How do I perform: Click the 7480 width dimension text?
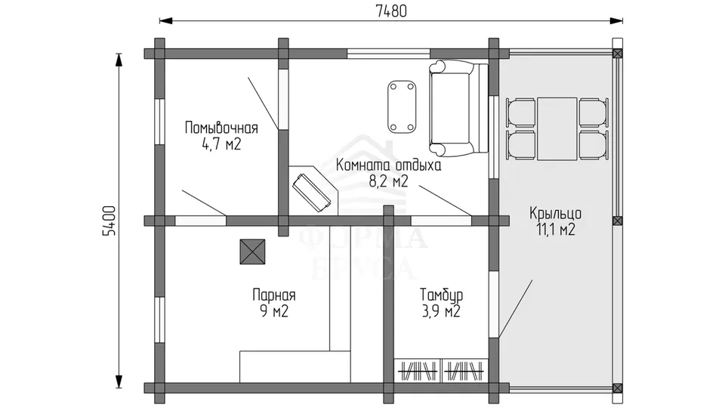click(391, 11)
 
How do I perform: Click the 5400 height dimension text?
click(109, 221)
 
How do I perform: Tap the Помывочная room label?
click(221, 128)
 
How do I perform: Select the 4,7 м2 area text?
click(221, 144)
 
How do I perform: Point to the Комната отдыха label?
click(388, 165)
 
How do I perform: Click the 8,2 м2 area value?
click(388, 181)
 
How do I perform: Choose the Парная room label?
click(273, 295)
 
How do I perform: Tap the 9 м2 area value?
click(273, 311)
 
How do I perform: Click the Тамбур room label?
click(441, 295)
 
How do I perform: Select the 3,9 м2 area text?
click(441, 311)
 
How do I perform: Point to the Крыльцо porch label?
click(555, 213)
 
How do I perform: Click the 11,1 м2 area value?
click(555, 230)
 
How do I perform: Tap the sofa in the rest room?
click(458, 107)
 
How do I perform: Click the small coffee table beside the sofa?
click(402, 107)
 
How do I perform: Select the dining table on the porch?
click(557, 128)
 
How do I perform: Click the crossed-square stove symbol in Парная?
click(252, 252)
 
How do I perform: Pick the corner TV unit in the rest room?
click(313, 190)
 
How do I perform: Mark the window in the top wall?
click(388, 54)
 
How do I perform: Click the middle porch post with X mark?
click(617, 221)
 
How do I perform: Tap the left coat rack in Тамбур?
click(418, 371)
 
